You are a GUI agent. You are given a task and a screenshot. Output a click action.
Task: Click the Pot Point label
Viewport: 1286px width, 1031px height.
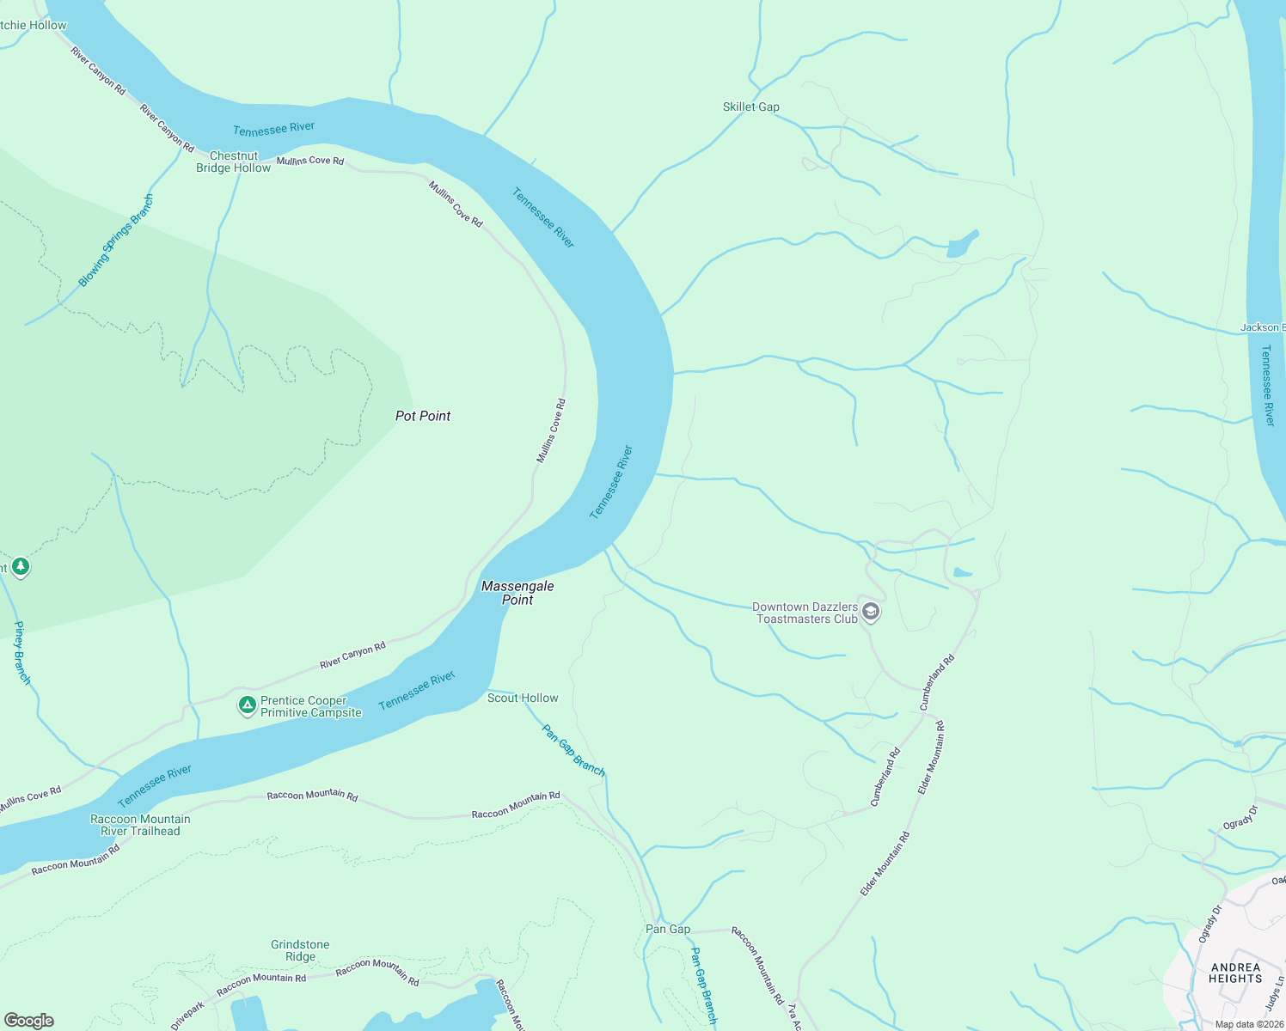point(423,416)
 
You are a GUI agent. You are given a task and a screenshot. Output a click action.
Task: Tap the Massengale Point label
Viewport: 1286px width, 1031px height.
point(517,593)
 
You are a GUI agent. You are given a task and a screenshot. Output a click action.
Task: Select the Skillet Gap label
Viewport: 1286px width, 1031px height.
point(750,107)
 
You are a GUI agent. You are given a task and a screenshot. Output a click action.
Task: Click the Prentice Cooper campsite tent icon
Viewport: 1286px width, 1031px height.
point(247,706)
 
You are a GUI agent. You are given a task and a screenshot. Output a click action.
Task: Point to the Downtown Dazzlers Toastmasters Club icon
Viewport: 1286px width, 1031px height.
point(871,612)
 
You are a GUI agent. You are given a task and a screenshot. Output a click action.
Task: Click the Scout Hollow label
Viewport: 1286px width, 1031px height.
point(523,699)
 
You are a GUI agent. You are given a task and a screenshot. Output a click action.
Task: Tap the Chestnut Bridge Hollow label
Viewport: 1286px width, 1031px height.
point(233,162)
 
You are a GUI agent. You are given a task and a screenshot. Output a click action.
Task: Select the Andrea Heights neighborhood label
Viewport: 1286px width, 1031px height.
point(1235,973)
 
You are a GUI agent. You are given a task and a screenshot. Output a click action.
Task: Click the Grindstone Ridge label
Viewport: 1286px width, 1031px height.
point(300,950)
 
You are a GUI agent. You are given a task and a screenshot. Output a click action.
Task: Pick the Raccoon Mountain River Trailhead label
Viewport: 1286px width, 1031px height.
point(140,825)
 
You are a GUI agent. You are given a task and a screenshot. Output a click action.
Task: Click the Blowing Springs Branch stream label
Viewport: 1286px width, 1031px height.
point(116,241)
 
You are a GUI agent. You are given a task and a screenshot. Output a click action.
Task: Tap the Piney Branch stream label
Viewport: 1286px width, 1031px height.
point(22,653)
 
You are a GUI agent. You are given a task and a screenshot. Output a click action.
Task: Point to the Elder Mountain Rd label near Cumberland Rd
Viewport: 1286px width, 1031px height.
point(932,757)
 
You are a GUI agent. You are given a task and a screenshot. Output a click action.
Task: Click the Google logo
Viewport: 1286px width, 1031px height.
point(28,1021)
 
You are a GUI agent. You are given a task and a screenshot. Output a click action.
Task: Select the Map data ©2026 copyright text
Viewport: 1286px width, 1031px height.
point(1248,1024)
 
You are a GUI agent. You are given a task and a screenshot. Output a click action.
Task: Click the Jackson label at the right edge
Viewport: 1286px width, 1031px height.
point(1262,327)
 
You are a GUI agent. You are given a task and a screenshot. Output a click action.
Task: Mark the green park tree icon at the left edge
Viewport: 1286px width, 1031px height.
point(21,567)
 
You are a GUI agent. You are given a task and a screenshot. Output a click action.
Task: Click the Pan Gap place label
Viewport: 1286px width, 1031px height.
point(668,929)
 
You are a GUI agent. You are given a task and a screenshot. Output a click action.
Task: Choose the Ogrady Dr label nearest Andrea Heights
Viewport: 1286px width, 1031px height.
point(1209,924)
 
